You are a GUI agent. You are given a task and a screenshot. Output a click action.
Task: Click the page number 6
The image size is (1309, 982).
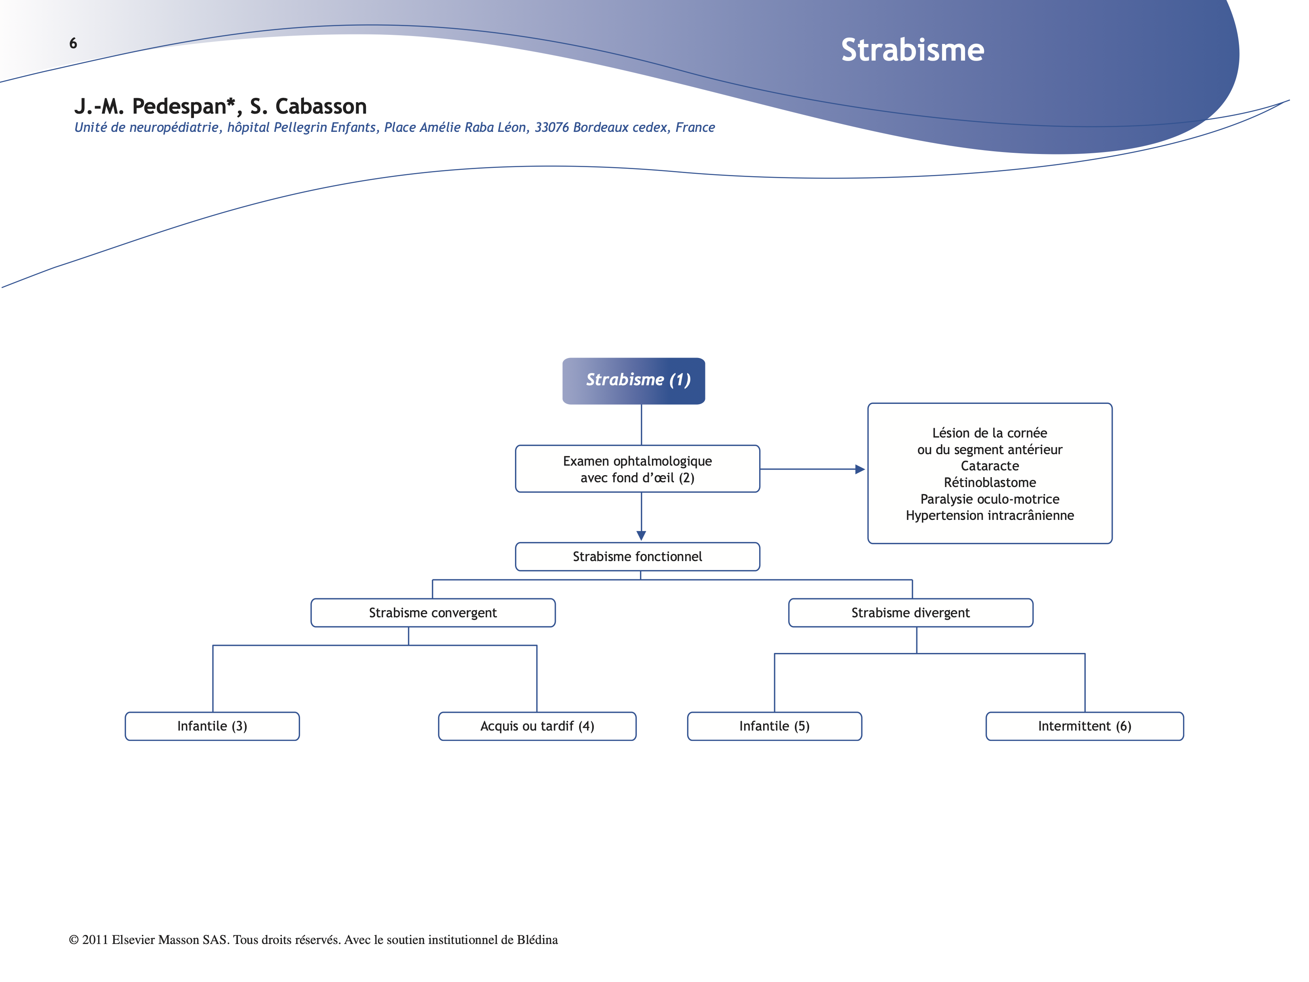pos(73,43)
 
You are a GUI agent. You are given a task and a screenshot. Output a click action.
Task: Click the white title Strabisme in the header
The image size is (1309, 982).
pos(912,50)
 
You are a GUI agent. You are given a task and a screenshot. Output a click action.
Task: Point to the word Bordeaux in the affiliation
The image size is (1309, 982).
pos(599,127)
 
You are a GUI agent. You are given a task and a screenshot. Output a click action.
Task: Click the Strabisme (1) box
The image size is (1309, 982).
pos(634,381)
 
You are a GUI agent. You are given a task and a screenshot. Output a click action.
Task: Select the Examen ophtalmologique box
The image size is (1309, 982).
pos(637,469)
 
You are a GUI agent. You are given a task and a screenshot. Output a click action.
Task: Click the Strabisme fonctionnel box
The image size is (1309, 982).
pos(637,556)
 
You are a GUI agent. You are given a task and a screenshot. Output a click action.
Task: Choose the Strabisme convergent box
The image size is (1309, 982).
pos(433,613)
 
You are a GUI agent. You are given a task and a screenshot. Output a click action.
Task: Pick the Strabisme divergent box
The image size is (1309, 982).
pos(910,613)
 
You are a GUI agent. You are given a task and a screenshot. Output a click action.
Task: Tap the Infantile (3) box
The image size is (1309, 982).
pos(212,726)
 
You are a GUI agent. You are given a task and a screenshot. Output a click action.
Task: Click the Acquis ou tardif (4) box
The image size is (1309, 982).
pos(537,726)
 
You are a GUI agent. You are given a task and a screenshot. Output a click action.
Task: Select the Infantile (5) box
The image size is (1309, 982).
pos(774,726)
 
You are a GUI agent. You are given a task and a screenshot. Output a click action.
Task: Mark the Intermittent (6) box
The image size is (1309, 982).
pos(1084,726)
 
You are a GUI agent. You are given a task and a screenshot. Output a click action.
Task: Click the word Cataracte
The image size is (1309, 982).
pos(990,466)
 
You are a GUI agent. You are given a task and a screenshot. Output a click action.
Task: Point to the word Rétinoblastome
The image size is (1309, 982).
pos(990,482)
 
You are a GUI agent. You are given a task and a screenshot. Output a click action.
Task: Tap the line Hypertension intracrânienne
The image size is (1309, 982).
pos(990,516)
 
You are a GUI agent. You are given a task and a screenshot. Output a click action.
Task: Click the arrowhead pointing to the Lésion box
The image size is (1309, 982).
pos(860,469)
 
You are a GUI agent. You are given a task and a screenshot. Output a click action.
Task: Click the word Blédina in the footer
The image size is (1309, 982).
pos(537,940)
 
